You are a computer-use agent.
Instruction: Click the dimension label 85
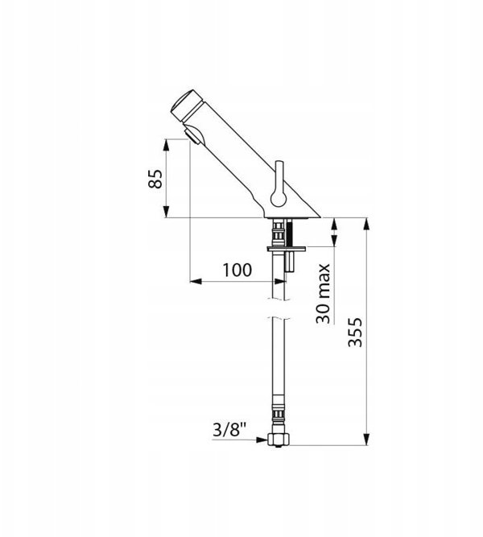[155, 179]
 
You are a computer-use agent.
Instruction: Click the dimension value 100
[237, 270]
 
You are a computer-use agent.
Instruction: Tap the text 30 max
[323, 294]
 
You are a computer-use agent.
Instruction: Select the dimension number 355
[355, 333]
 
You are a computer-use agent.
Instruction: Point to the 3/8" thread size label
[229, 429]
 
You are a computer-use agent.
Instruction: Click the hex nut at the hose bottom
[278, 440]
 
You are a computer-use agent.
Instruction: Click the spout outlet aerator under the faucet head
[192, 136]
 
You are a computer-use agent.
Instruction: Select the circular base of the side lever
[278, 198]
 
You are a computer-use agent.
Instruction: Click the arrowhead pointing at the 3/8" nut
[262, 440]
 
